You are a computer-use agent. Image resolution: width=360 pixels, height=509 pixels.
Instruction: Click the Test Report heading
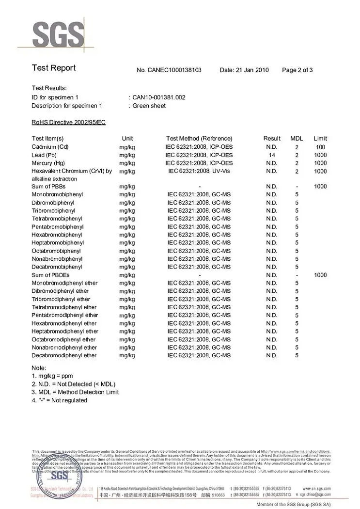coord(54,68)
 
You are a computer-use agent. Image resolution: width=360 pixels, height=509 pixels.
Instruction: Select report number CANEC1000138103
coord(169,70)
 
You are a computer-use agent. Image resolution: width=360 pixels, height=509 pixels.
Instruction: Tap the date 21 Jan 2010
coord(244,70)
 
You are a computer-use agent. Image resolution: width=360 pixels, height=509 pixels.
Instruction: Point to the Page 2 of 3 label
coord(297,70)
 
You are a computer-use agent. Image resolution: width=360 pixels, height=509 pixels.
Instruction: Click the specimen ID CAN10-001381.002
coord(159,97)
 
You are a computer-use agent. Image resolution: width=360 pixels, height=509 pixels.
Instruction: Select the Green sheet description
coord(149,106)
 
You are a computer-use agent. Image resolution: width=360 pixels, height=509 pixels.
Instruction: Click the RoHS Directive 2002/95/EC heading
coord(68,122)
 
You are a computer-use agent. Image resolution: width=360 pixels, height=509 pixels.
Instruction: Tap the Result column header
coord(272,139)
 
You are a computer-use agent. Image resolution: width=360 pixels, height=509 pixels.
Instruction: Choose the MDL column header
coord(297,139)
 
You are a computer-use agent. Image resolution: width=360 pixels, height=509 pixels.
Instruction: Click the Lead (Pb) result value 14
coord(272,155)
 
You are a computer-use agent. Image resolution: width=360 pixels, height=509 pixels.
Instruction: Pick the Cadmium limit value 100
coord(320,147)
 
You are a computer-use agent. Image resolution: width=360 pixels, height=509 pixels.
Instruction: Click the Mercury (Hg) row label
coord(48,163)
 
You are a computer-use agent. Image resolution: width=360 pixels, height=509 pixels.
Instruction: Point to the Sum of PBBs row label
coord(48,187)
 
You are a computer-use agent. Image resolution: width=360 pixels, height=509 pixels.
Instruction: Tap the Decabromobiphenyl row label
coord(57,267)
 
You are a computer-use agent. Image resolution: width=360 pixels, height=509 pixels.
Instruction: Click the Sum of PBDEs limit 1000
coord(320,275)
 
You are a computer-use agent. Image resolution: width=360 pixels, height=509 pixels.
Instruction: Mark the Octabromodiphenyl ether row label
coord(64,340)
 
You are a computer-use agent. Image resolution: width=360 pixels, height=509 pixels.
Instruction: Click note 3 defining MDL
coord(75,392)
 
